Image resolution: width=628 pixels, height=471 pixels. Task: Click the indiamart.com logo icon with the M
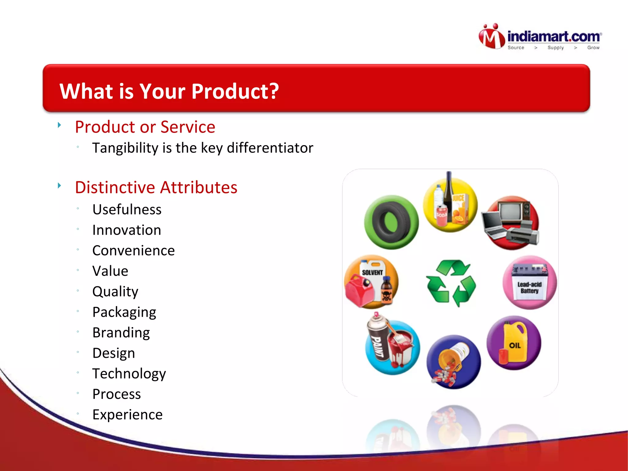pos(492,37)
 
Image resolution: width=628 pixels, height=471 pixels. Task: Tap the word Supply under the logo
pos(555,48)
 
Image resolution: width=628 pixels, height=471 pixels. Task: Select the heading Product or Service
pos(145,127)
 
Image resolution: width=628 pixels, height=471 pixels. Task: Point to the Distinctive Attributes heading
pos(156,187)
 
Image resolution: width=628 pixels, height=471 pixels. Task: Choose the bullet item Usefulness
pos(127,210)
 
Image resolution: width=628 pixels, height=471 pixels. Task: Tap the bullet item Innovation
pos(127,230)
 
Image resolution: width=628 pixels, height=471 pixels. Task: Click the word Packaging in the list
pos(124,312)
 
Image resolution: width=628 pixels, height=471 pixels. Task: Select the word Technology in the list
pos(129,373)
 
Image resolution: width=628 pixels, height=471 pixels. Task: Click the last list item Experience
pos(128,415)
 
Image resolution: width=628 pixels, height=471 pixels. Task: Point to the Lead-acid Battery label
pos(530,288)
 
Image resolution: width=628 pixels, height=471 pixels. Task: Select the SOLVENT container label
pos(372,272)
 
